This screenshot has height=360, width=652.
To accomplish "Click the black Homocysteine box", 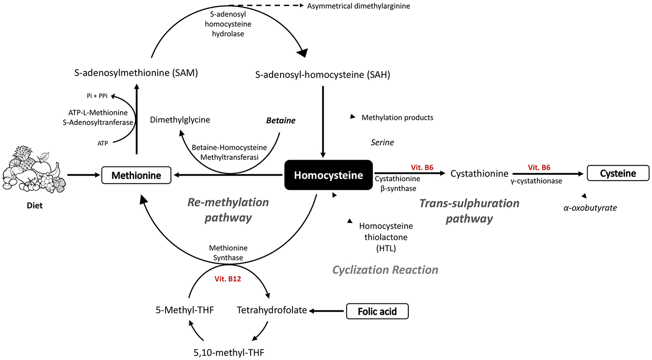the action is point(328,175).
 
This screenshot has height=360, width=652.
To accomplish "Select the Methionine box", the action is point(136,175).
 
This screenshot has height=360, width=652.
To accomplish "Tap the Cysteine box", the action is point(618,173).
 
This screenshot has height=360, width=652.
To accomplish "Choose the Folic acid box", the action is point(377,311).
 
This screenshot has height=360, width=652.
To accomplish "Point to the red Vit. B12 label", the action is point(228,279).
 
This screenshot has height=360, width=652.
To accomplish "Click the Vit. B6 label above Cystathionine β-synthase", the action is point(422,167).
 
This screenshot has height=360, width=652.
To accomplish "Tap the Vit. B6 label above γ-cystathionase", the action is point(539,167).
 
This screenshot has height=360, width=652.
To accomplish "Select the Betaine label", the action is point(280,120).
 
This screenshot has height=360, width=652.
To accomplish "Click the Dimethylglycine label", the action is point(180,120).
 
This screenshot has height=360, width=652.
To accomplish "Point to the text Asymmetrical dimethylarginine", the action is point(359,6).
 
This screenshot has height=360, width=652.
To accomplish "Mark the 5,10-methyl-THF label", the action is point(229,353).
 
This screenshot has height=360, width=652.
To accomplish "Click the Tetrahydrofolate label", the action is point(272,310).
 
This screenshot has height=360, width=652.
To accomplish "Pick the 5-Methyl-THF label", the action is point(184,310).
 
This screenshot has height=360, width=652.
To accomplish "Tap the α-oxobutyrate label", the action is point(590,208).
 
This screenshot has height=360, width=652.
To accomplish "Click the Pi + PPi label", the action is point(97,96).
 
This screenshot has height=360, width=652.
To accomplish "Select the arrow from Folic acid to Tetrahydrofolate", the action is point(326,311).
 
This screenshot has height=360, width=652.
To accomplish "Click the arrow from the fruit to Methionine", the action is point(84,175).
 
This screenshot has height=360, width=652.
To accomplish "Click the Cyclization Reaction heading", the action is point(385,270).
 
